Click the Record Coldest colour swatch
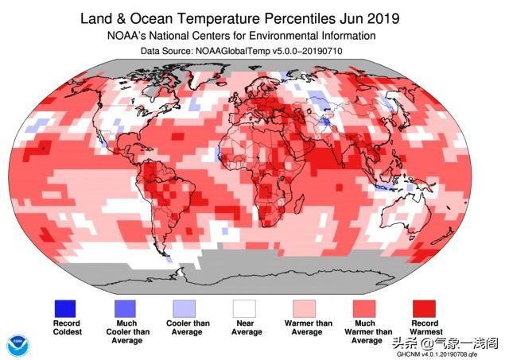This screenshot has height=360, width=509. (65, 308)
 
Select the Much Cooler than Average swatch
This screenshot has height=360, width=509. (125, 308)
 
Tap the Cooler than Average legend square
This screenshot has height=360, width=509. (185, 308)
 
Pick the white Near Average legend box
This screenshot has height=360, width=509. (244, 308)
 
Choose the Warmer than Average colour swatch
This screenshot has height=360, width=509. (304, 308)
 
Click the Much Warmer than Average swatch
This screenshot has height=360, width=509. (364, 308)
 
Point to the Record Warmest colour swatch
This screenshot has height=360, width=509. (424, 308)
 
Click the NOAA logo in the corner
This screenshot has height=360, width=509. (18, 346)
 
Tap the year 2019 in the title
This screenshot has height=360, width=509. (383, 18)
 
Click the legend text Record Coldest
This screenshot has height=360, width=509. (67, 327)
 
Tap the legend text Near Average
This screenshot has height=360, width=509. (246, 327)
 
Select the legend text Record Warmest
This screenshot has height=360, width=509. (425, 327)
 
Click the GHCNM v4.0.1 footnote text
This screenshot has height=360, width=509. (437, 354)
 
